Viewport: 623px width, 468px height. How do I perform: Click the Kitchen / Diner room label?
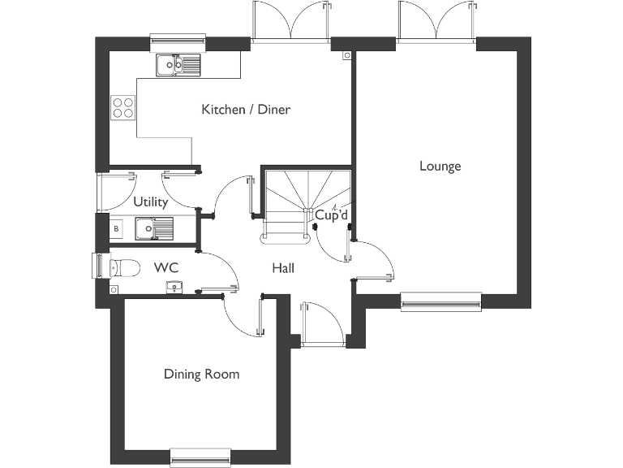coord(246,110)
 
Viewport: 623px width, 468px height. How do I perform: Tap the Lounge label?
coord(440,167)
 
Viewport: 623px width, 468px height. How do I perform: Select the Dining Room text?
coord(202,375)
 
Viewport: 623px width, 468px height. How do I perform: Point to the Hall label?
coord(283,268)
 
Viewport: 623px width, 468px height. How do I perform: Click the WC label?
coord(165,267)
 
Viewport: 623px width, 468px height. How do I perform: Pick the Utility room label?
coord(151,202)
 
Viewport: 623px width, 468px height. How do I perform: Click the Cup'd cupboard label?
coord(331,215)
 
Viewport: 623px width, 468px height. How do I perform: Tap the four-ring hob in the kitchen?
coord(122,107)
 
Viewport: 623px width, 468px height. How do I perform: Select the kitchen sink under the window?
coord(178,64)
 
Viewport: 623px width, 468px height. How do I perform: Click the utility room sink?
coord(153,229)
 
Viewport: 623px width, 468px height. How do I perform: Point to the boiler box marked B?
coord(116,229)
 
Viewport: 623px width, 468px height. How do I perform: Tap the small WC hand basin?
coord(174,286)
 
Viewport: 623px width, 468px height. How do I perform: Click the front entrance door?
coord(323,325)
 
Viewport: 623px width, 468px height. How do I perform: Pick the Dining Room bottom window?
coord(200,458)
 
